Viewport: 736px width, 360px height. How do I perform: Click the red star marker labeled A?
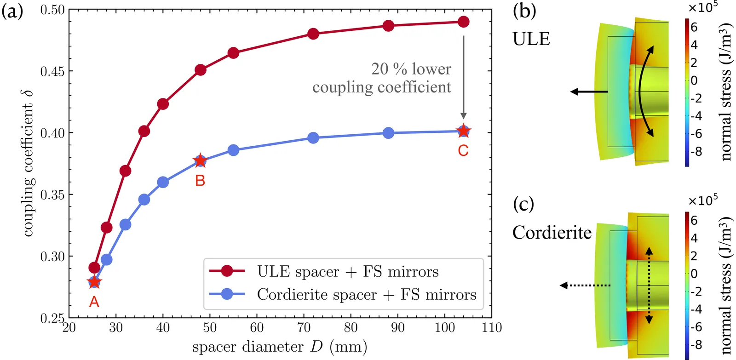coord(94,282)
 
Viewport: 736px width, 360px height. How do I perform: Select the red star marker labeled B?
coord(200,160)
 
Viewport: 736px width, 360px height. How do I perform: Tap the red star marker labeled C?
coord(464,131)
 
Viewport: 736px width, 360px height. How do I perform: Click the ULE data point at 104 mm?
coord(464,22)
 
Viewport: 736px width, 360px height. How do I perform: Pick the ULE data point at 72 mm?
coord(313,34)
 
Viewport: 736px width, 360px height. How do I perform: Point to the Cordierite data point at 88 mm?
coord(388,133)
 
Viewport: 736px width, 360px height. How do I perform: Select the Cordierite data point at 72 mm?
coord(313,138)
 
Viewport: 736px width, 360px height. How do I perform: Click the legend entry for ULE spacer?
coord(347,272)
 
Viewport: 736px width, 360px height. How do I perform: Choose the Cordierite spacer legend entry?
coord(366,294)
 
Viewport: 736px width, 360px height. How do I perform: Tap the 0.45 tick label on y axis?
coord(53,71)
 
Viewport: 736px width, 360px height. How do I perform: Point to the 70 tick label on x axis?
coord(304,327)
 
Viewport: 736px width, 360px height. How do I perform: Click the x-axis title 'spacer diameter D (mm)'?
coord(280,347)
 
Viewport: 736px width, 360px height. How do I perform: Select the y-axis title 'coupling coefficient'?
coord(29,163)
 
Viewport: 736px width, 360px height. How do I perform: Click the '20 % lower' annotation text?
coord(411,69)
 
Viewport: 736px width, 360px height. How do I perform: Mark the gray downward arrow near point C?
coord(464,78)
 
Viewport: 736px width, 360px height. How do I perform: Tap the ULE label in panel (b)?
coord(531,39)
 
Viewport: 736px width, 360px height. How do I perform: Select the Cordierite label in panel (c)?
coord(552,233)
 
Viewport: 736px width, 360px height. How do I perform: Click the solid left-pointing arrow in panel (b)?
coord(589,92)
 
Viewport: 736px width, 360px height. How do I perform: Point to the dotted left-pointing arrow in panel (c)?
coord(584,286)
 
